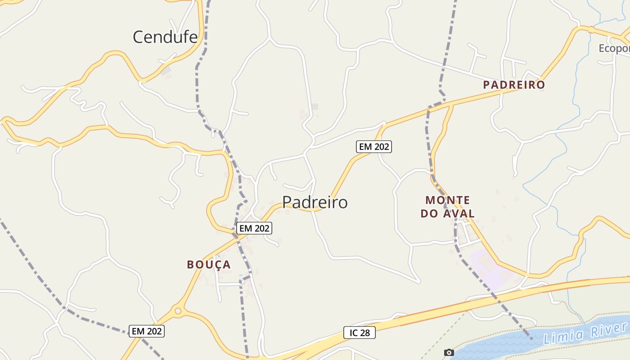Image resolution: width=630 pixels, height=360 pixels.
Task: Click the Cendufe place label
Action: coord(165,37)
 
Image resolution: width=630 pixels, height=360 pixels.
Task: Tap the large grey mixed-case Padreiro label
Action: coord(315,202)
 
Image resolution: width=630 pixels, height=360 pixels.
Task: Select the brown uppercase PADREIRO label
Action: coord(514,85)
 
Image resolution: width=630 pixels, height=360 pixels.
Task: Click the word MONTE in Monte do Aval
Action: coord(448,200)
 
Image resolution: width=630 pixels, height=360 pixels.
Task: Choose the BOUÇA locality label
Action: coord(209,265)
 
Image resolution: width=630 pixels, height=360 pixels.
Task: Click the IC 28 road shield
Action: coord(359,333)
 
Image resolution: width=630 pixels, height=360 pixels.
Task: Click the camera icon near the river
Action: coord(449,352)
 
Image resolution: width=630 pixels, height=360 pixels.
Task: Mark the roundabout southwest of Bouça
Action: coord(178,310)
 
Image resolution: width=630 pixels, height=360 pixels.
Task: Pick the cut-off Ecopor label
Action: coord(614,48)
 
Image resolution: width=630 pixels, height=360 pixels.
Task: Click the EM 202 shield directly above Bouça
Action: coord(254,228)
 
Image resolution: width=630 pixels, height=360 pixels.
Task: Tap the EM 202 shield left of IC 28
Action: coord(147,331)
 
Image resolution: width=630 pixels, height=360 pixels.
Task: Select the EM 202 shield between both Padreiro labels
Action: coord(373,146)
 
